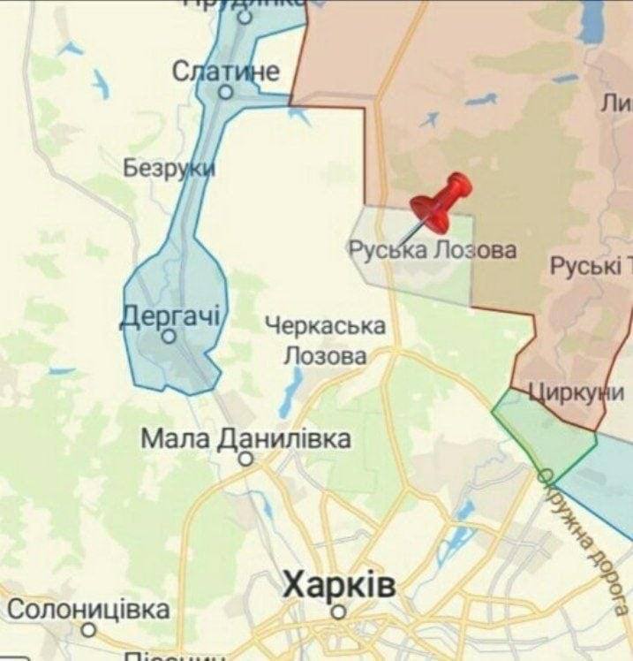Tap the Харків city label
coord(339,585)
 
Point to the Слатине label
coord(226,72)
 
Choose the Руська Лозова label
coord(432,250)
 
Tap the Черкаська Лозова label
coord(325,341)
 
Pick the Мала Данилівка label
coord(246,438)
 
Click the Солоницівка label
coord(89,609)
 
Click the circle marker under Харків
coord(338,612)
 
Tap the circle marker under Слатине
coord(225,92)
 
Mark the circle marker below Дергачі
coord(169,336)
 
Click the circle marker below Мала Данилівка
coord(246,458)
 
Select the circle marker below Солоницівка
coord(88,630)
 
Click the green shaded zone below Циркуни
coord(542,433)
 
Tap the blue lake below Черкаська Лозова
coord(290,393)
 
